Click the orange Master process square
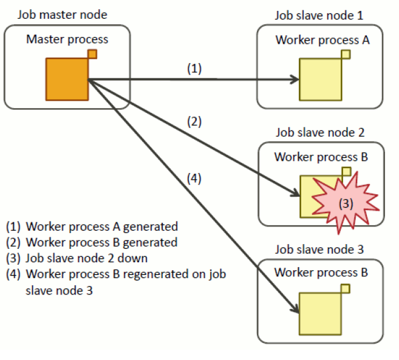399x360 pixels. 66,79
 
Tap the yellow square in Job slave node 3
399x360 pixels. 319,313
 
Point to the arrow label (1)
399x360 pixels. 194,69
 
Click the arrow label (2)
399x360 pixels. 194,121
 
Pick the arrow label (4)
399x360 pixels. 194,179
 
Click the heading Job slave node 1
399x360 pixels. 319,14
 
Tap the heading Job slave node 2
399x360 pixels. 320,132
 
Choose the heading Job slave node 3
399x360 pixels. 320,248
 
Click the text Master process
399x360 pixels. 67,39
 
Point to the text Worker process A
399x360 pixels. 322,40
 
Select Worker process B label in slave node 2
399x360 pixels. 321,157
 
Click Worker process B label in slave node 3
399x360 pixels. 321,273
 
